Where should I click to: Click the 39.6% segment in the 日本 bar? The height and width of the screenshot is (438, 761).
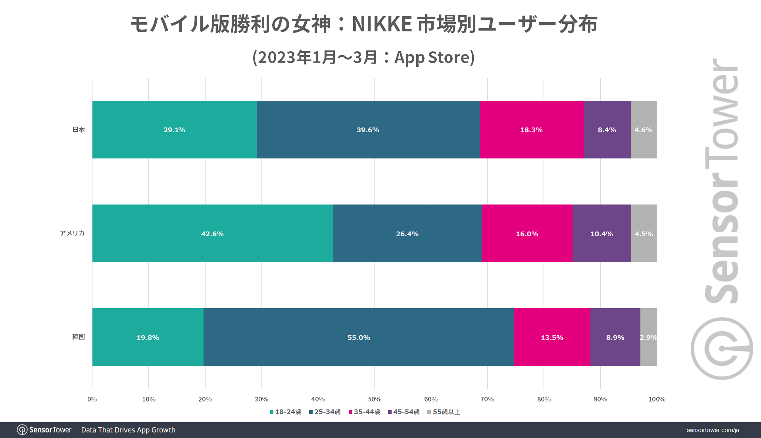(368, 129)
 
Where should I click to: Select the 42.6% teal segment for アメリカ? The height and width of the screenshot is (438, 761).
(212, 233)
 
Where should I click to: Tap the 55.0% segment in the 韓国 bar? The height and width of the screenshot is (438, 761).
(359, 337)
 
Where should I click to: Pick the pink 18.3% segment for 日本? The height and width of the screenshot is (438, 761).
(531, 129)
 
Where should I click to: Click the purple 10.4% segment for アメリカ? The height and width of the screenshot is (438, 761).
(601, 233)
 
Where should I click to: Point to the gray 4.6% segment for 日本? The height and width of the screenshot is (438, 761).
(643, 129)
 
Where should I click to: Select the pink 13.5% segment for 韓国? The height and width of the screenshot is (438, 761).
(552, 337)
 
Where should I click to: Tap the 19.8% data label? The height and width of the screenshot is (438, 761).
(148, 338)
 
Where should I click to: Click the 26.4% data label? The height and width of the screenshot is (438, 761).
(407, 234)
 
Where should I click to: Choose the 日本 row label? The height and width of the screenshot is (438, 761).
(79, 129)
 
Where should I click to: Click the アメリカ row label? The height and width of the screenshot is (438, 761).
(72, 233)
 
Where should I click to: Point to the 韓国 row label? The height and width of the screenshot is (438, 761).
(79, 337)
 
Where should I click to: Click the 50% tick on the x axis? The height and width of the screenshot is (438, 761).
(374, 399)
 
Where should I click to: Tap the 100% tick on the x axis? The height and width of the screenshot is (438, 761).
(657, 399)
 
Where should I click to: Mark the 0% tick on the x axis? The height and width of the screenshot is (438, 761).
(92, 399)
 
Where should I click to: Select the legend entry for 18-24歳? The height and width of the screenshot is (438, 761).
(286, 412)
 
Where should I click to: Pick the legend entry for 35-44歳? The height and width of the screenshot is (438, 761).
(365, 412)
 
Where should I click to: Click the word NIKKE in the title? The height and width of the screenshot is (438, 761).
(382, 24)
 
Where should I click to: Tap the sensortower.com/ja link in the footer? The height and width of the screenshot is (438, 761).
(713, 430)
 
